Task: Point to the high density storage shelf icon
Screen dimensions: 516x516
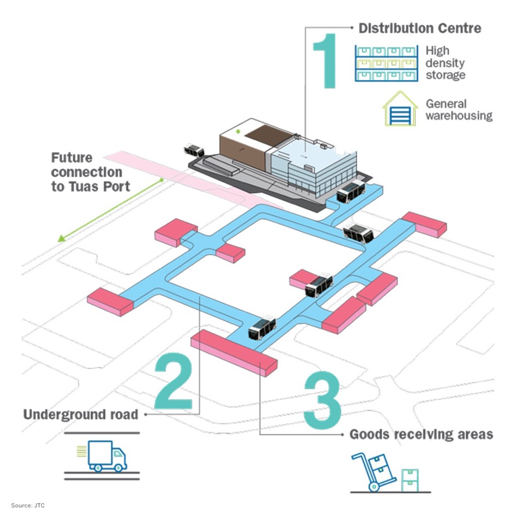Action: coord(386,63)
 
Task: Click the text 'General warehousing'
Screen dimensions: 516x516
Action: coord(459,109)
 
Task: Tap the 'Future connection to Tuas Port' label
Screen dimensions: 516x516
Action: coord(90,171)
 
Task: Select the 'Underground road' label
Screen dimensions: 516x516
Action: coord(81,414)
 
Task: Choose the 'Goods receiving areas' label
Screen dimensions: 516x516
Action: coord(421,434)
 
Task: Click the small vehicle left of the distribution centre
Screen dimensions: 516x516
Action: coord(193,151)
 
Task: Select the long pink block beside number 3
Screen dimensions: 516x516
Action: coord(235,353)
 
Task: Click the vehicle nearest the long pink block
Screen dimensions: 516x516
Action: coord(262,328)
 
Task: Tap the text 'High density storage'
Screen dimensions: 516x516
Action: coord(445,63)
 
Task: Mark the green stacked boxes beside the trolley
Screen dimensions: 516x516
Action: coord(411,480)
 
